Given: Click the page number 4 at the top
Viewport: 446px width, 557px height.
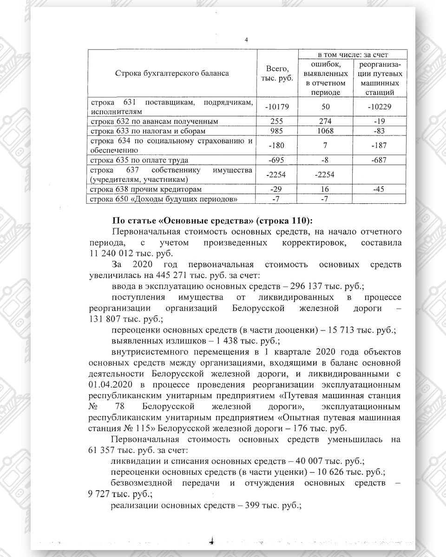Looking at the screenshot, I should (246, 40).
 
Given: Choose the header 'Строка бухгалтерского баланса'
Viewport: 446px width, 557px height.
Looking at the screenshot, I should (172, 73).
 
